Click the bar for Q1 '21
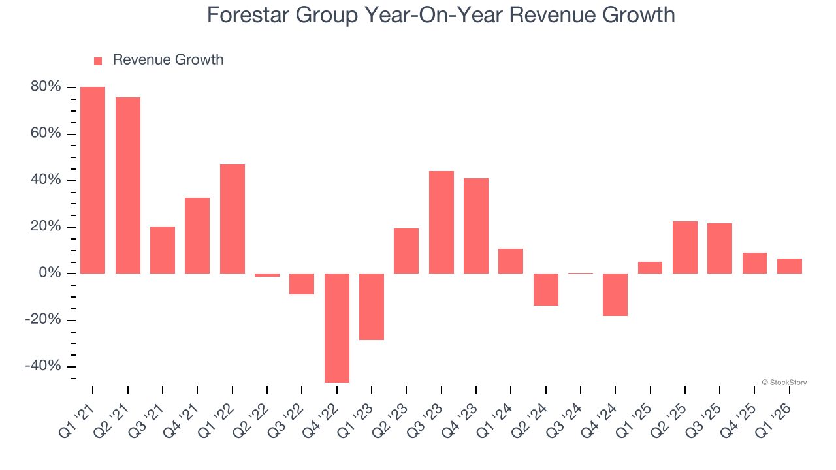(x=93, y=180)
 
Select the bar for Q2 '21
(x=128, y=185)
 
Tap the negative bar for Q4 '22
(x=337, y=328)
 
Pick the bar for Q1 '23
(x=372, y=307)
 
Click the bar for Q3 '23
(x=442, y=222)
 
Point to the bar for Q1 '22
(x=233, y=219)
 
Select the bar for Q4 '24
(x=615, y=294)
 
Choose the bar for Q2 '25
(x=685, y=247)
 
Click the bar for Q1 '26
(x=790, y=266)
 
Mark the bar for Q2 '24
(x=546, y=289)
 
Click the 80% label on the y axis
(x=46, y=87)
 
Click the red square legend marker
(x=98, y=61)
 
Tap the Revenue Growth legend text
(x=168, y=60)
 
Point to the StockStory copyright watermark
(x=784, y=383)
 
